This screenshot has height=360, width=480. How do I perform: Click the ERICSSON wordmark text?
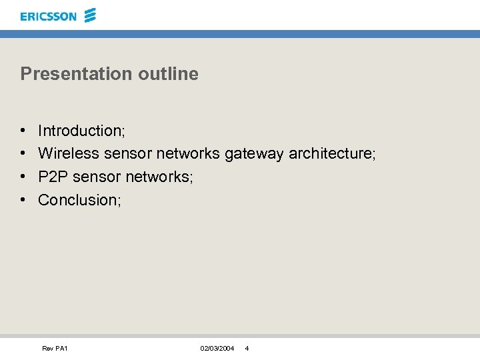(48, 16)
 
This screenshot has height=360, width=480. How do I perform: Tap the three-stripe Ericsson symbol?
(91, 15)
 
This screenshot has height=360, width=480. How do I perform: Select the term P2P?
(53, 177)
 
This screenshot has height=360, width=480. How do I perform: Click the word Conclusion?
(77, 199)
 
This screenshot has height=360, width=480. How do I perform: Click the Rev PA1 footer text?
(55, 349)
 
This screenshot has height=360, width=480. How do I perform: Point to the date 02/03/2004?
(217, 349)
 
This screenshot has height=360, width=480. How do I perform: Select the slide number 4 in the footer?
(247, 349)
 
